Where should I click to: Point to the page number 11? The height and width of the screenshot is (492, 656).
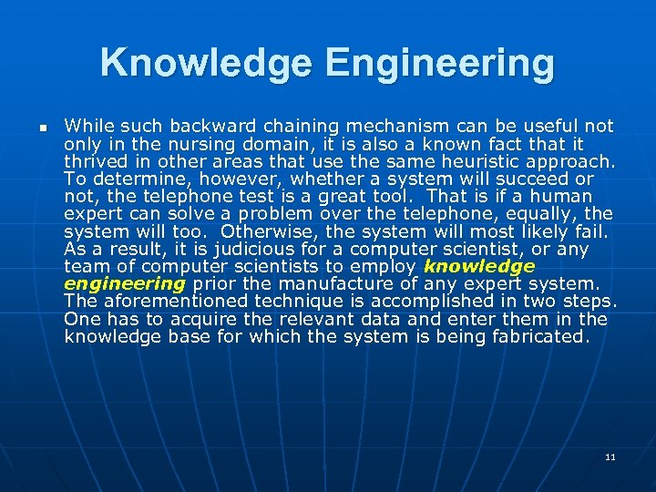(610, 456)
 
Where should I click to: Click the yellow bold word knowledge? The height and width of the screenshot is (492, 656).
(479, 266)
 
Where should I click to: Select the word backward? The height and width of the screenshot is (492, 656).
(196, 126)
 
